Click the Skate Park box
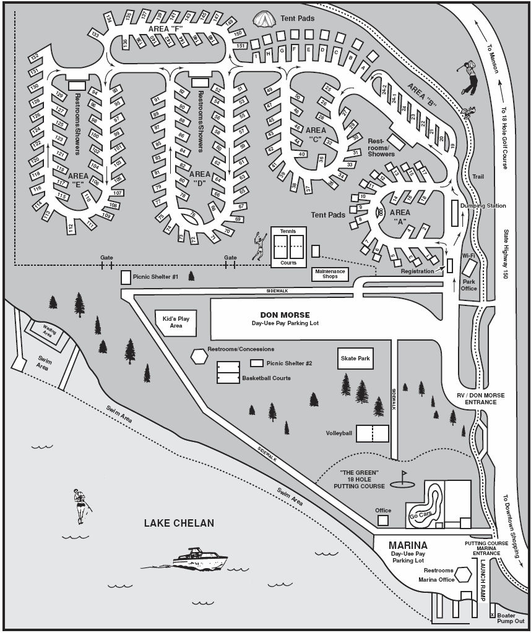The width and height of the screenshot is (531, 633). (355, 359)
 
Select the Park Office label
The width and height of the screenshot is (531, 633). (469, 284)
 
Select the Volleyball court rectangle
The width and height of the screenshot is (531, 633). (372, 433)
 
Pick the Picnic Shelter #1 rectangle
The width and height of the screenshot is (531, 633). (126, 277)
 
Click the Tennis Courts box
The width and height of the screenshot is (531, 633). (288, 247)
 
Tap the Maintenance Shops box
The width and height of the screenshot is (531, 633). (330, 274)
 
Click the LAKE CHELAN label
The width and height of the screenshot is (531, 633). (179, 523)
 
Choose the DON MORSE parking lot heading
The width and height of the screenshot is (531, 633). (285, 315)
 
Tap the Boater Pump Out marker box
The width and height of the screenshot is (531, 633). (493, 615)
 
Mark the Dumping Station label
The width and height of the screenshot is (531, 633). (483, 206)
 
